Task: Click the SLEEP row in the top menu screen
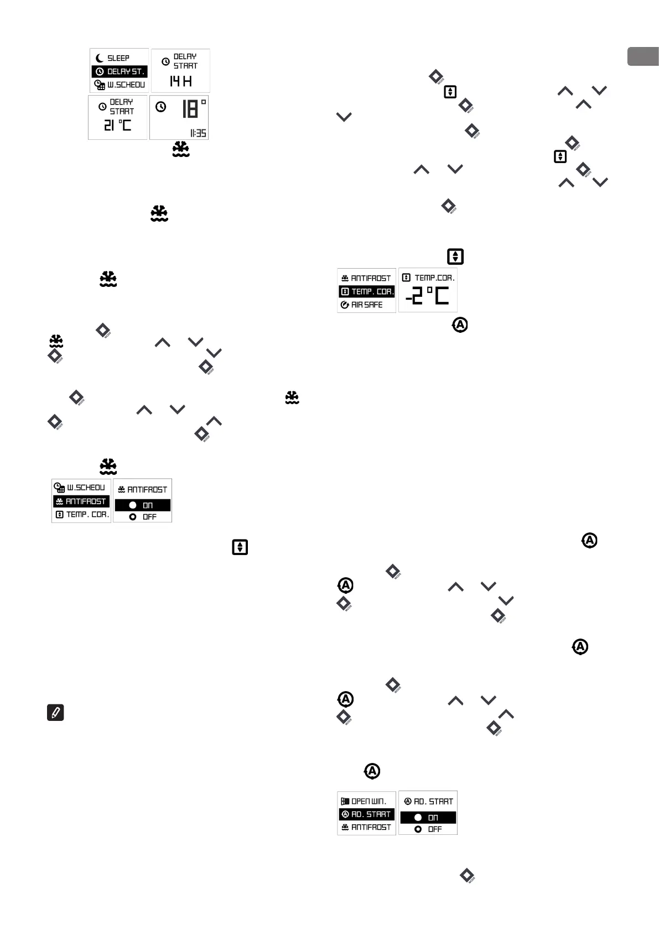(x=118, y=58)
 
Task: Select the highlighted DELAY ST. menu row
(x=120, y=71)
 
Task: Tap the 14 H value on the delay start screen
(x=180, y=81)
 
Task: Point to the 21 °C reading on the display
(x=118, y=125)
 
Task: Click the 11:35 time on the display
(x=198, y=133)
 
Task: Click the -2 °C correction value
(x=428, y=297)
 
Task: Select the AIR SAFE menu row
(x=366, y=305)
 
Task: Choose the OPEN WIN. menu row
(x=366, y=801)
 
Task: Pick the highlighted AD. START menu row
(x=366, y=814)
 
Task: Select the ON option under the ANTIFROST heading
(x=142, y=505)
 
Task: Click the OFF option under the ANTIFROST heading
(x=142, y=517)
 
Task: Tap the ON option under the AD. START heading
(x=428, y=817)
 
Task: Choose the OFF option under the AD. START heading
(x=428, y=829)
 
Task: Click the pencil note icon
(x=55, y=713)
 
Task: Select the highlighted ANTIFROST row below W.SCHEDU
(x=81, y=501)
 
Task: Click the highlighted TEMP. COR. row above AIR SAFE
(x=366, y=291)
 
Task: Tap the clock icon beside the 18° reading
(x=160, y=107)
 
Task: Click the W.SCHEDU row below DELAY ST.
(x=120, y=85)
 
